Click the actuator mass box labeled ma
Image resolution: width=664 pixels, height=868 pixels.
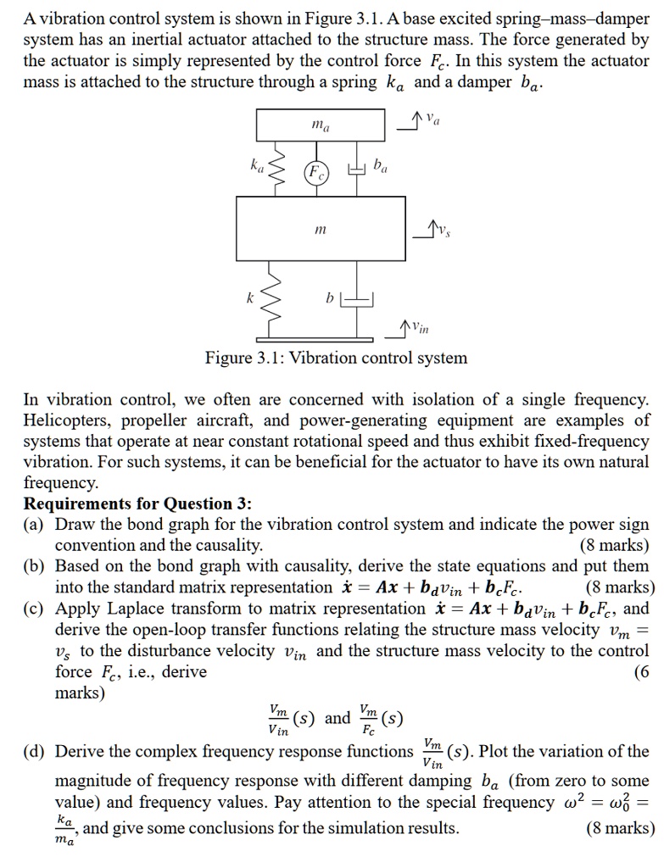point(321,126)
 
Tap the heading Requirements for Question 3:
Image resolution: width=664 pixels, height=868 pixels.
point(137,504)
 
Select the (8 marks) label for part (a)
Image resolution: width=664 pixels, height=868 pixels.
point(614,545)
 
